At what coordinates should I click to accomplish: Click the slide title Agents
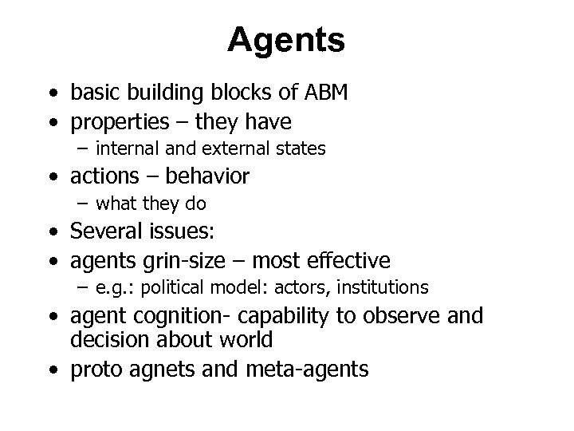[x=286, y=40]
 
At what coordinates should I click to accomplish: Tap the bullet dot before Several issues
[x=53, y=234]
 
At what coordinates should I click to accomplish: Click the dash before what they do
[x=83, y=204]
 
